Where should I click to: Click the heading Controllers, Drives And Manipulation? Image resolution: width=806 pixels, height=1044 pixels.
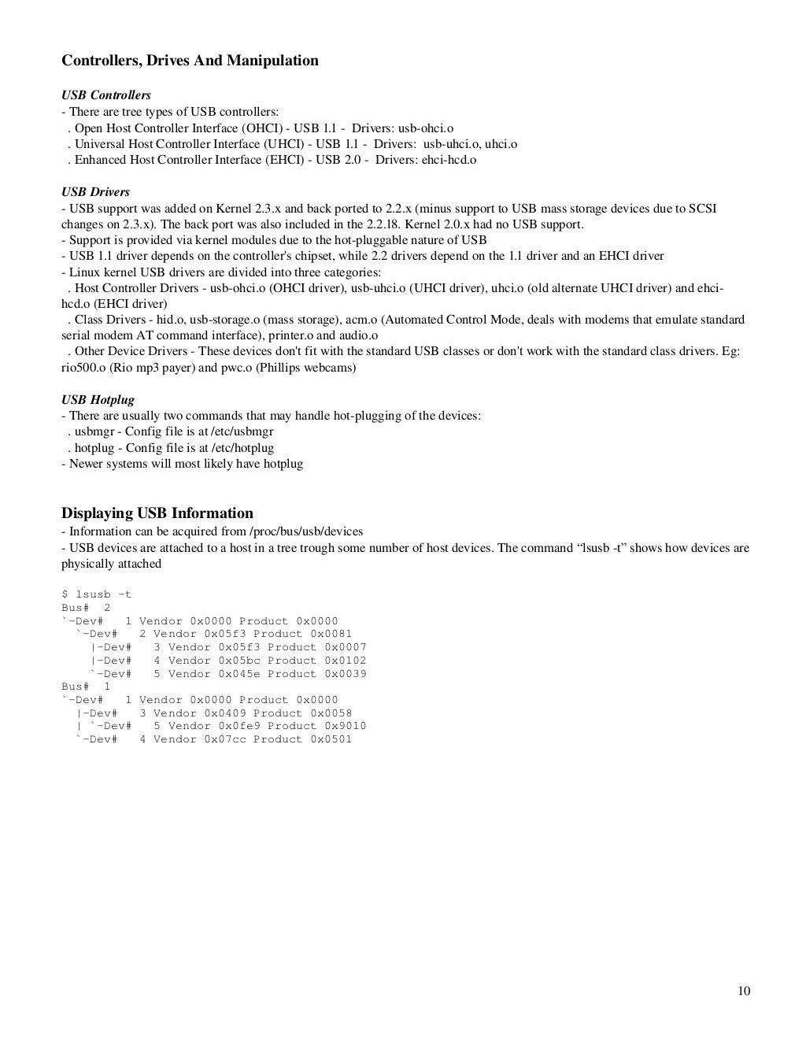point(190,61)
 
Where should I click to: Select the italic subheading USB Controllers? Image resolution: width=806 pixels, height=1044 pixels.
point(106,95)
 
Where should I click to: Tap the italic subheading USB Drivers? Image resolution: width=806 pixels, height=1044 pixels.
point(95,192)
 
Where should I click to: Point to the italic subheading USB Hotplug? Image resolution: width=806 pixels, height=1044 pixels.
point(98,400)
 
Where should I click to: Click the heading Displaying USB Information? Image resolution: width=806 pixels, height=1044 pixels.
point(157,513)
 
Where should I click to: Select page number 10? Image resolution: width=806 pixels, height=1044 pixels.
point(744,990)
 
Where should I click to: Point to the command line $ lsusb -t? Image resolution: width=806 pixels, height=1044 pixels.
point(96,594)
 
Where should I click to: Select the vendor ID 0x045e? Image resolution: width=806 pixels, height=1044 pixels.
point(239,674)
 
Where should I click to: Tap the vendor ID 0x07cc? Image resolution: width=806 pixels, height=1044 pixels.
point(225,739)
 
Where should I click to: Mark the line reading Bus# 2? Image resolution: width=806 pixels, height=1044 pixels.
point(86,608)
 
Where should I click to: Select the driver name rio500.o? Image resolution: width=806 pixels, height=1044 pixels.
point(84,368)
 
